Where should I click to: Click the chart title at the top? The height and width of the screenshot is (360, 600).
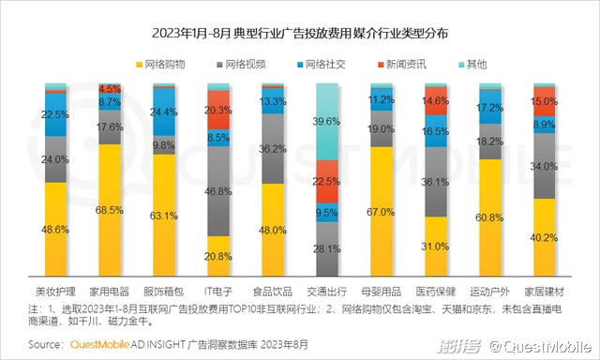300,33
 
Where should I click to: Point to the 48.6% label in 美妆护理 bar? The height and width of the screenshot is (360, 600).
56,228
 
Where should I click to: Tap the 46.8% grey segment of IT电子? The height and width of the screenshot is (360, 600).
218,190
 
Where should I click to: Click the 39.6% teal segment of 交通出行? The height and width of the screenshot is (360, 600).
327,121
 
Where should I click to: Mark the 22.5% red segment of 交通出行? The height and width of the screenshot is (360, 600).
327,181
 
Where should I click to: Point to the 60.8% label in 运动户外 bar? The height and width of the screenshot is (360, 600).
490,217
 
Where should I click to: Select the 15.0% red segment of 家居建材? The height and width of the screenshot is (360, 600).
545,102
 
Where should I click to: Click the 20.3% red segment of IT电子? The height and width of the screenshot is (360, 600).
218,110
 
